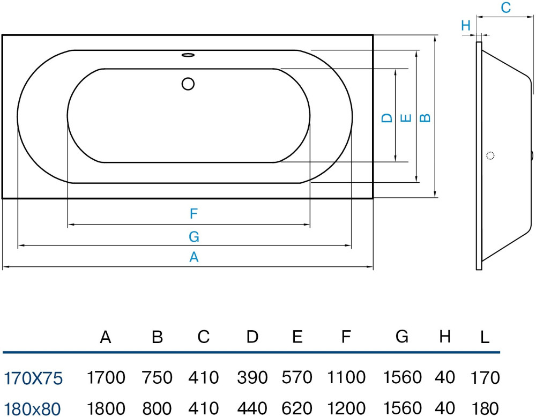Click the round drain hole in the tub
click(188, 84)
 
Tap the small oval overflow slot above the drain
click(188, 54)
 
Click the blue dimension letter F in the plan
click(194, 214)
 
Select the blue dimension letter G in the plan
click(194, 236)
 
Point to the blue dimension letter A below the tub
click(194, 257)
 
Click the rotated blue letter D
click(387, 118)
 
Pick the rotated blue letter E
click(406, 118)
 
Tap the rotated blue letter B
click(425, 118)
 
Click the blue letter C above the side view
click(505, 8)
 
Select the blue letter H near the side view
click(465, 25)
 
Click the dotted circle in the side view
click(489, 156)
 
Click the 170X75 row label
click(33, 378)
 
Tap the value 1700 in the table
click(106, 378)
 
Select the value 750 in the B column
click(157, 378)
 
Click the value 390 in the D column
click(252, 378)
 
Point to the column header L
click(485, 337)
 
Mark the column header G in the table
click(402, 337)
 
